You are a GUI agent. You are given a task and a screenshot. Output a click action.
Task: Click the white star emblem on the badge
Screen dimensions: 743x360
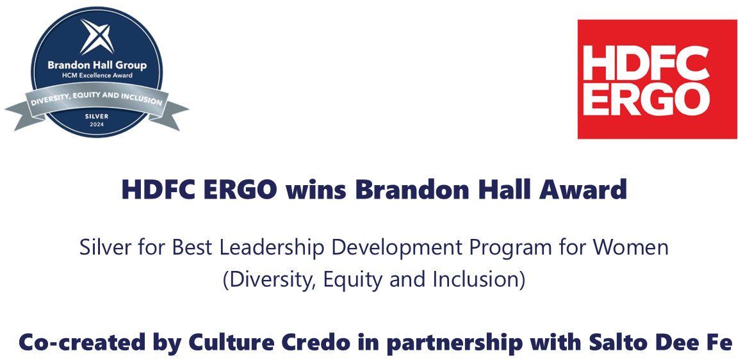tap(97, 37)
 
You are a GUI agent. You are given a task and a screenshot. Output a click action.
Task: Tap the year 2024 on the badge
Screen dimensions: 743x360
tap(97, 124)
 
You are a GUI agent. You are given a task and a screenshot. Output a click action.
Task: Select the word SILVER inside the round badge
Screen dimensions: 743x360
tap(97, 116)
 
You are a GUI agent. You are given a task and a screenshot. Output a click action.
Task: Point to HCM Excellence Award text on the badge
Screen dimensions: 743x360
tap(97, 75)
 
